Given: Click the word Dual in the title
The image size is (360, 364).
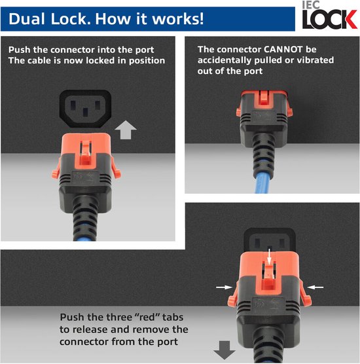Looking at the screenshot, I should [27, 18].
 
